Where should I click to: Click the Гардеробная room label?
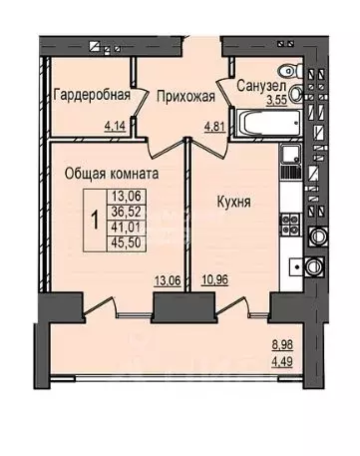tap(91, 96)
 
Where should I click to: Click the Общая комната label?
tap(113, 173)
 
